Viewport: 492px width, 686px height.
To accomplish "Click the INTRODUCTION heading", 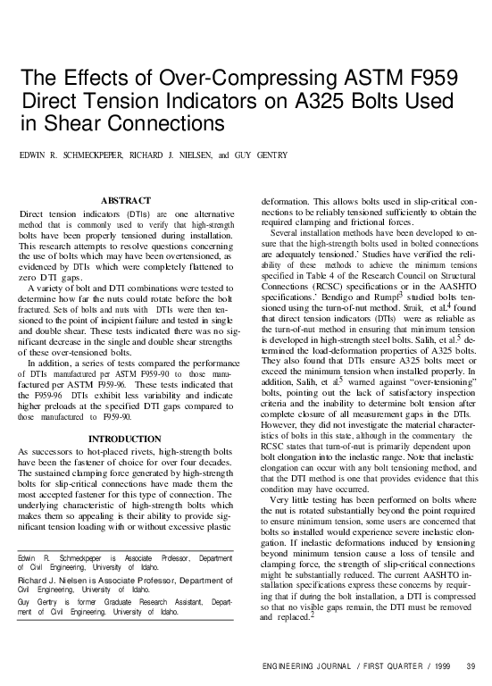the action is pyautogui.click(x=125, y=439).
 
